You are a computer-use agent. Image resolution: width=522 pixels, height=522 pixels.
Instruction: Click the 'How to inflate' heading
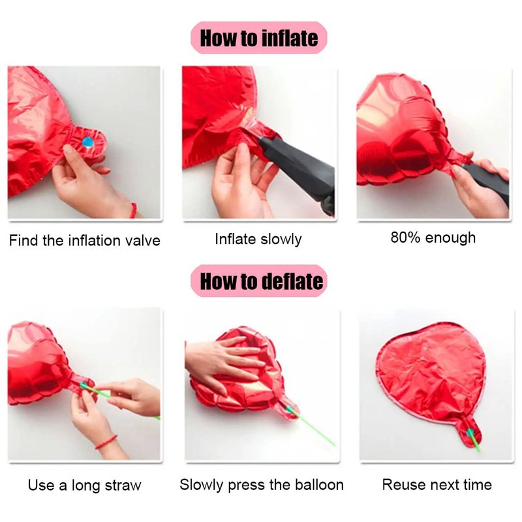(x=258, y=38)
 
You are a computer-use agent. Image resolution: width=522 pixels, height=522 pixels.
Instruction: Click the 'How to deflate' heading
(x=262, y=281)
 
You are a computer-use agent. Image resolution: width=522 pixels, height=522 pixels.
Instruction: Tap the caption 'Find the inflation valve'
(x=85, y=240)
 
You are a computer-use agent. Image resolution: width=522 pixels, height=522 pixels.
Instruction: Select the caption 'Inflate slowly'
(x=258, y=239)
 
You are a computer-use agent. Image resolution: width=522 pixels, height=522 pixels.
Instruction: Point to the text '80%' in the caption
(x=405, y=238)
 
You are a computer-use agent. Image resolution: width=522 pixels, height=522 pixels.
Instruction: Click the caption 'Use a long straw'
(x=85, y=485)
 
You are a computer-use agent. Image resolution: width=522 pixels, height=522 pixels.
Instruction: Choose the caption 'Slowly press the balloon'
(x=262, y=485)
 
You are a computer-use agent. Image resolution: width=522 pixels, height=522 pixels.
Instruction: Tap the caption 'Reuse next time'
(x=437, y=485)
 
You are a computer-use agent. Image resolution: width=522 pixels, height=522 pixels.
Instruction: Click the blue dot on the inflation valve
(x=88, y=142)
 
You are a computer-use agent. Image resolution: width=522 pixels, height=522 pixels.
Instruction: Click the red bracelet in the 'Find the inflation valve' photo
(x=134, y=210)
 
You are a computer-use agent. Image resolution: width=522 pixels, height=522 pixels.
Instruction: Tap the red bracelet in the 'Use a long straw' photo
(x=106, y=442)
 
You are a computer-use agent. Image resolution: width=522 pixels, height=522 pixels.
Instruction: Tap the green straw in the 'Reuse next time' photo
(x=474, y=440)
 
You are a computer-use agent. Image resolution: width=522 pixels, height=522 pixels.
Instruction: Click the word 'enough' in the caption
(x=450, y=238)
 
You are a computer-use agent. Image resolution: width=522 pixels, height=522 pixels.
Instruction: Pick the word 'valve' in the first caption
(x=144, y=240)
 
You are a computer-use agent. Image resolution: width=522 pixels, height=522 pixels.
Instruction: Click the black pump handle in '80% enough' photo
(x=487, y=180)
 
